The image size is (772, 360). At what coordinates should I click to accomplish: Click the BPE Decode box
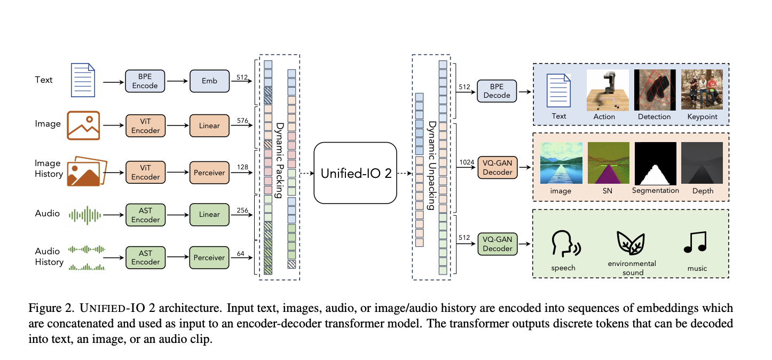click(x=497, y=90)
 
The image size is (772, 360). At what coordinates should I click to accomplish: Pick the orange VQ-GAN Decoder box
click(x=497, y=167)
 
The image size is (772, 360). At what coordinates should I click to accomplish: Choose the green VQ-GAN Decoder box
click(x=497, y=243)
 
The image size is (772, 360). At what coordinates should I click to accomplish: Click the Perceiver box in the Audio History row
click(x=209, y=257)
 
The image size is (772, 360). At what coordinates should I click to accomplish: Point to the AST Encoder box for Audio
click(x=145, y=214)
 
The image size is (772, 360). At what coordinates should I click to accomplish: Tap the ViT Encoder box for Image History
click(x=145, y=173)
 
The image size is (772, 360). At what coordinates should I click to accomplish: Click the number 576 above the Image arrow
click(x=243, y=120)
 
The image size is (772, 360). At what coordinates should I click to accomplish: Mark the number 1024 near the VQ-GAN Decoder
click(x=466, y=162)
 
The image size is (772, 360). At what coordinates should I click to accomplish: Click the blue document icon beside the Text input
click(x=83, y=81)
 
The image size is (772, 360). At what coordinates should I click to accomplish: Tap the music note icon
click(x=695, y=242)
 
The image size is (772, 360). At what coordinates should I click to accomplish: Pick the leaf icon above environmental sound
click(x=631, y=243)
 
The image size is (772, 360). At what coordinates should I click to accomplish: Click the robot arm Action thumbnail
click(x=605, y=89)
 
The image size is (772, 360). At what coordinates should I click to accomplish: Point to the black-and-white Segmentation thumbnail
click(x=655, y=163)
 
